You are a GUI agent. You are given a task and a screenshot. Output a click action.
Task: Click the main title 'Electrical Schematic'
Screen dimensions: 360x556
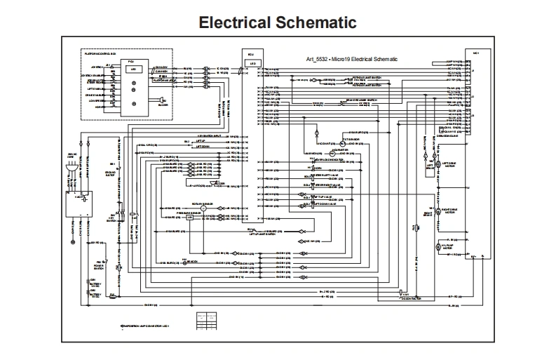pyautogui.click(x=278, y=22)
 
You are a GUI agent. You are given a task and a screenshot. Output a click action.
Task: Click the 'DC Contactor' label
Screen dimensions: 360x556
pyautogui.click(x=410, y=299)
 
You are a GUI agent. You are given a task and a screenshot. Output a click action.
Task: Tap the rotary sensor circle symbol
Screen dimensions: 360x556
pyautogui.click(x=203, y=209)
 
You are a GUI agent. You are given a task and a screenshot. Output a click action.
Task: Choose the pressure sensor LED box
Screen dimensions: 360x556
pyautogui.click(x=189, y=218)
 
